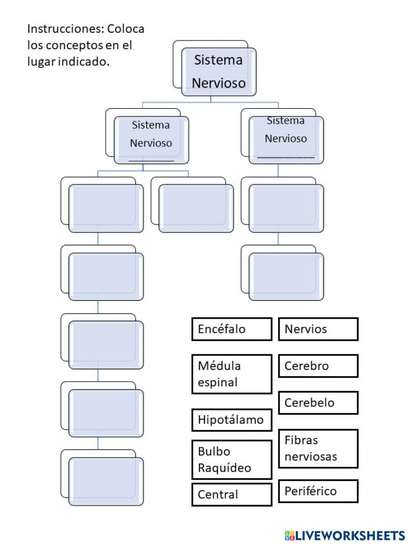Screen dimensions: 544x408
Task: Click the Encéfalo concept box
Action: (231, 329)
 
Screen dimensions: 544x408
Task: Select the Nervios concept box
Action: (318, 329)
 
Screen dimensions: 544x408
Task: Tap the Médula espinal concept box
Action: (231, 374)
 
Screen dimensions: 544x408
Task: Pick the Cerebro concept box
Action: (318, 366)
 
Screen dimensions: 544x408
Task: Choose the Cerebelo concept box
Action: (318, 403)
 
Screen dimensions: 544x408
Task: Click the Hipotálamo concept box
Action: (231, 420)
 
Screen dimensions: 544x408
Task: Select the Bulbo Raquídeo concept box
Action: (231, 460)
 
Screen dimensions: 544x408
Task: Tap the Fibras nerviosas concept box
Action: (318, 448)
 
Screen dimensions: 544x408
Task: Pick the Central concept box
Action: (231, 494)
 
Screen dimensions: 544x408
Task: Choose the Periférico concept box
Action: (318, 491)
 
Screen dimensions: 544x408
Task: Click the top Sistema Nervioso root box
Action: (219, 72)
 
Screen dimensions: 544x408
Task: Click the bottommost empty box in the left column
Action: (106, 481)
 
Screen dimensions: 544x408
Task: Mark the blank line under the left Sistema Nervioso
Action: (151, 160)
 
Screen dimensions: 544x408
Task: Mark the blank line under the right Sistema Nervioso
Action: (286, 157)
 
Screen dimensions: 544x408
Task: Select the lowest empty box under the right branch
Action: (286, 276)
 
